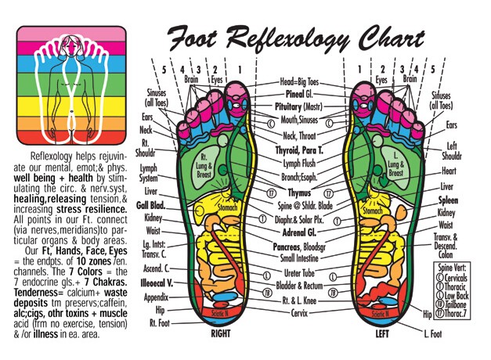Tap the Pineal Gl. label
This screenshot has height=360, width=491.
[297, 92]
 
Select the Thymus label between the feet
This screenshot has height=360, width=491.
[294, 191]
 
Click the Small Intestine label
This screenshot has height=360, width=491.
[299, 257]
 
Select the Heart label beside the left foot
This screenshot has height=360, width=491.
[449, 171]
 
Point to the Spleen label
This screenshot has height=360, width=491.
[449, 200]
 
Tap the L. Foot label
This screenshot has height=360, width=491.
[434, 334]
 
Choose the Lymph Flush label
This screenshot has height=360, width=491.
[297, 163]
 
